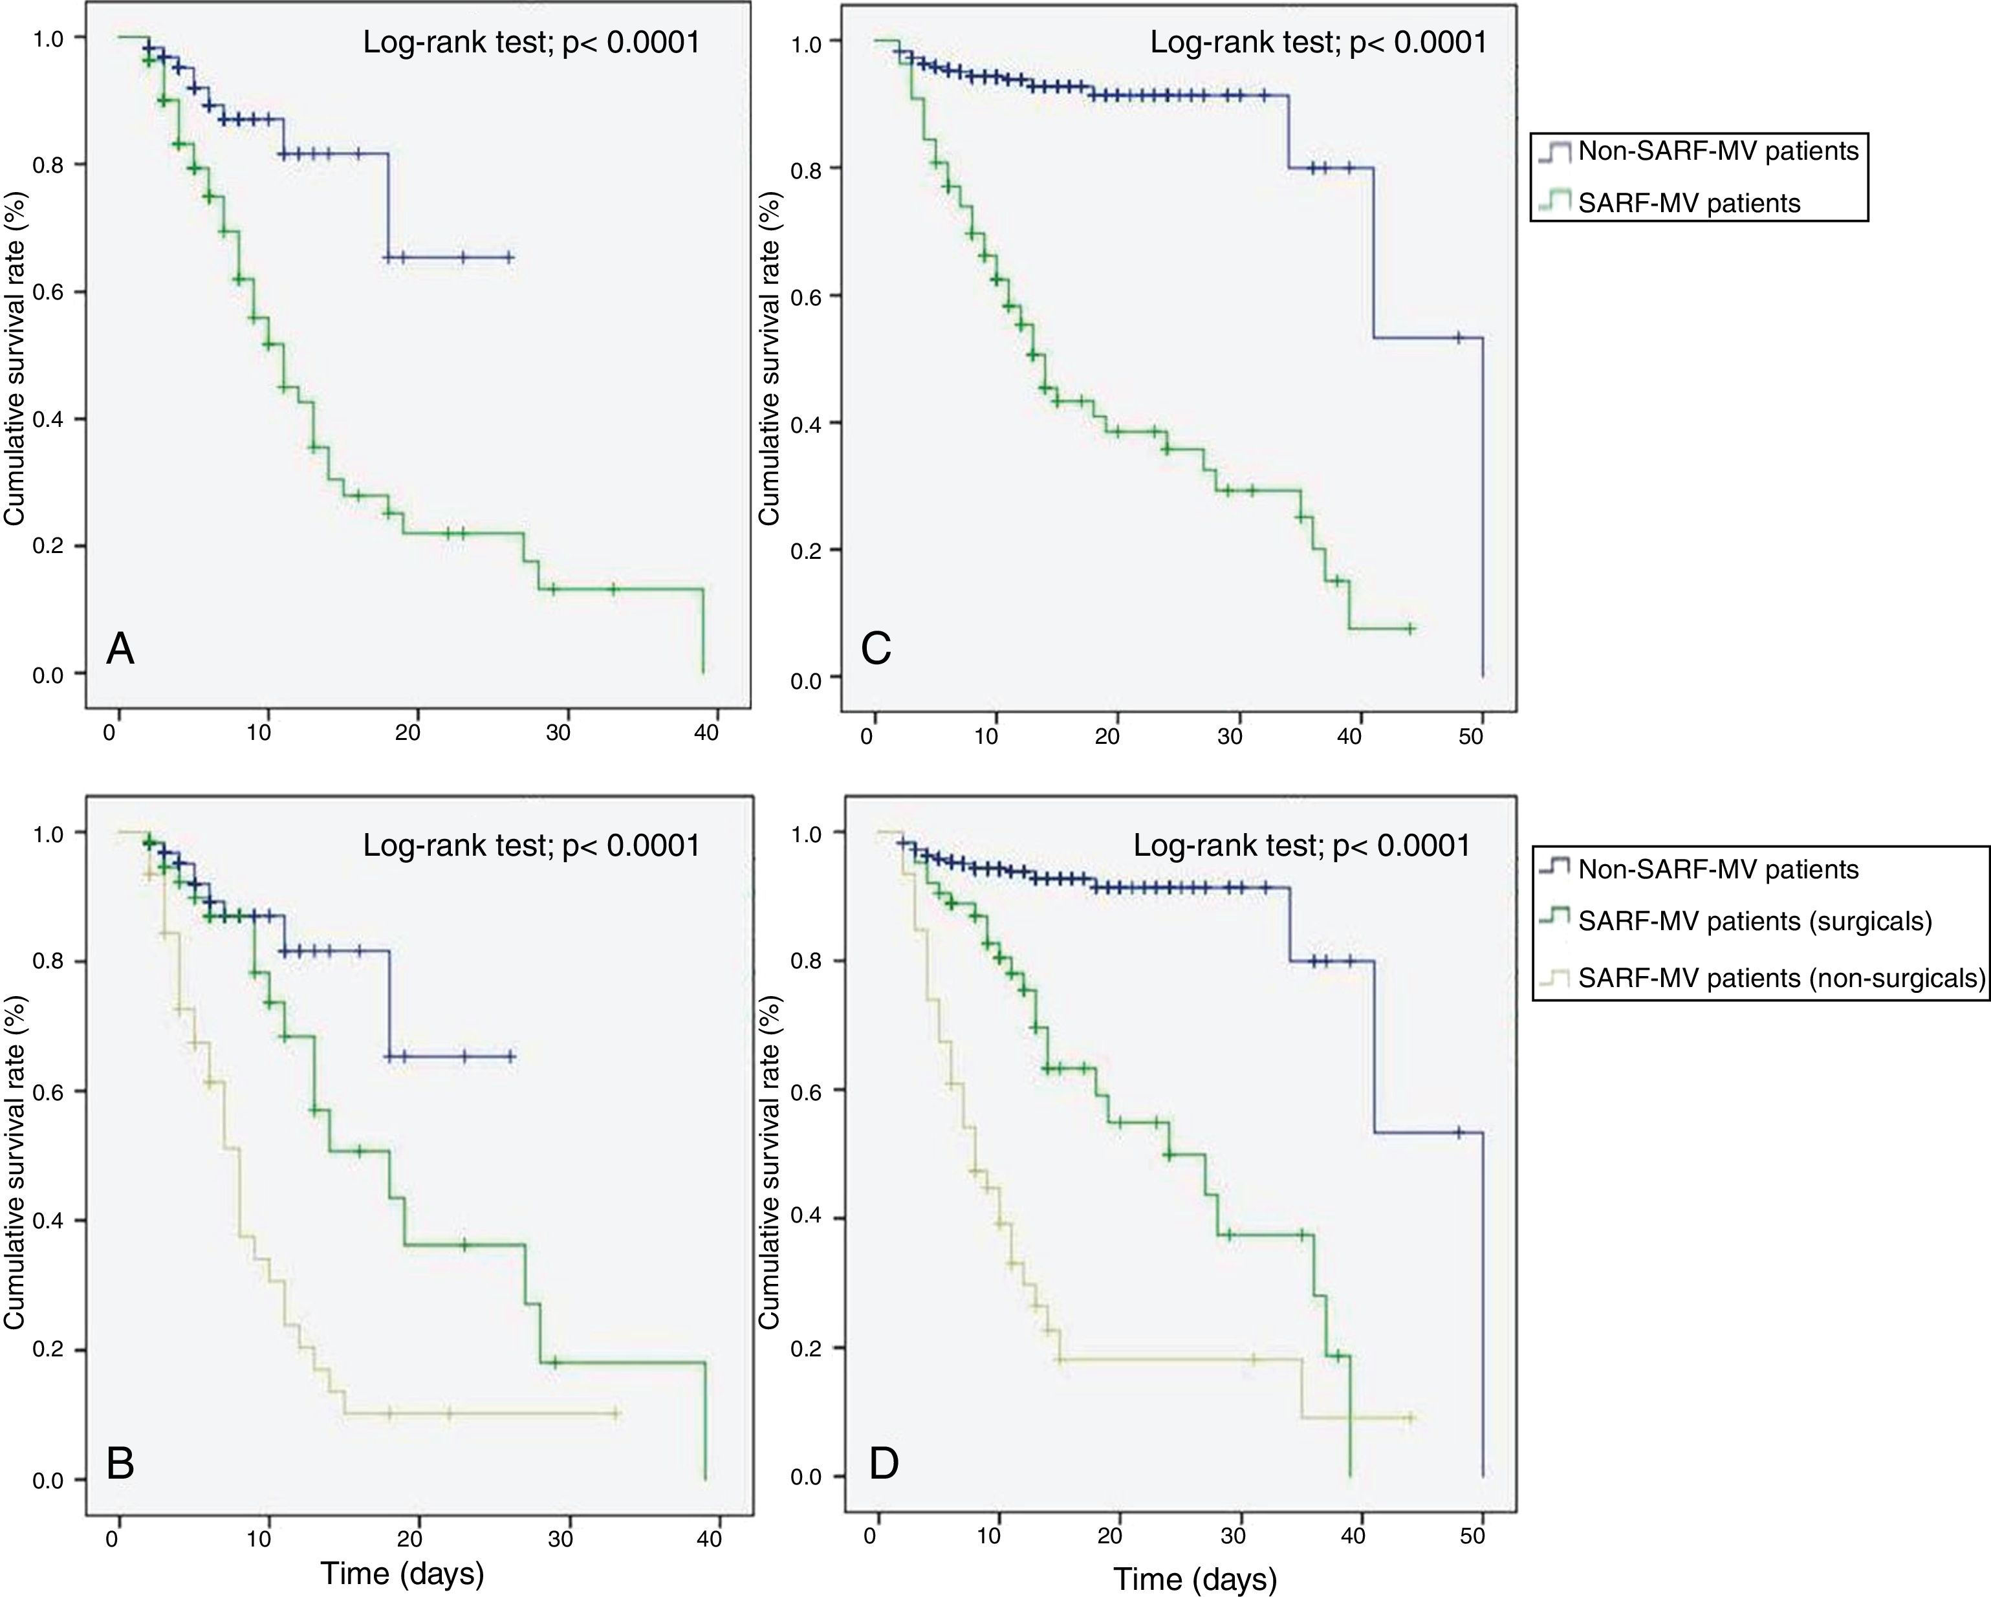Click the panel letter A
[x=121, y=649]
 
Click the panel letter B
[x=121, y=1463]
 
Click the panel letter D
[x=884, y=1463]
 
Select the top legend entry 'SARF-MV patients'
[x=1688, y=203]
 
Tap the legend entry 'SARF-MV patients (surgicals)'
[x=1755, y=921]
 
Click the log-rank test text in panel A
[x=531, y=43]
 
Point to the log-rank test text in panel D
[x=1301, y=845]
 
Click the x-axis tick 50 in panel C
[x=1470, y=736]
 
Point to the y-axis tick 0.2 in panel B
[x=47, y=1351]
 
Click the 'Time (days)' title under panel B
[x=402, y=1573]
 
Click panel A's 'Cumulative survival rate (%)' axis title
[x=15, y=358]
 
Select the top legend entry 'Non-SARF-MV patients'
[x=1717, y=151]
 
